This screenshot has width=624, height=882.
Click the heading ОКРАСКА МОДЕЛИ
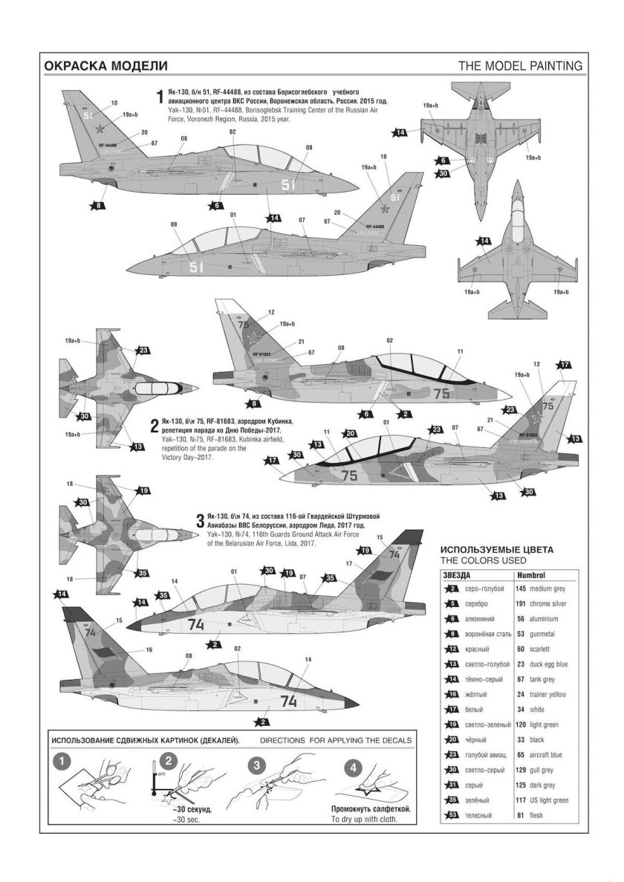coord(101,65)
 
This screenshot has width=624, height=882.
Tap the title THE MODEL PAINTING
coord(520,65)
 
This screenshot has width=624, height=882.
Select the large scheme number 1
coord(159,97)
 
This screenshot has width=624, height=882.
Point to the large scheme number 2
coord(155,427)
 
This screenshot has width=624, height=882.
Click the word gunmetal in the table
coord(546,633)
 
